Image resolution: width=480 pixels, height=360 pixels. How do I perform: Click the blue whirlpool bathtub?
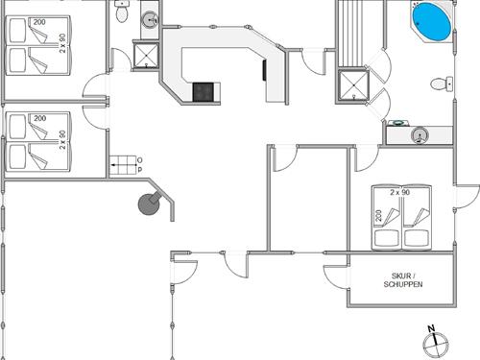pos(432,22)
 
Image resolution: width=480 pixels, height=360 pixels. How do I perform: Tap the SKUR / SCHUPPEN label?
pos(403,280)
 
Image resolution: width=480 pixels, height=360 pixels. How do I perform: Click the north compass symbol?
pos(435,344)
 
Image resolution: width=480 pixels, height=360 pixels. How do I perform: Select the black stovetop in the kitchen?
pos(204,92)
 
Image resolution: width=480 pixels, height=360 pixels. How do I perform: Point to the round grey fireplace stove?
pos(149,204)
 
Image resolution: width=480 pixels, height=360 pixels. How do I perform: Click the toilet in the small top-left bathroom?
pos(122,12)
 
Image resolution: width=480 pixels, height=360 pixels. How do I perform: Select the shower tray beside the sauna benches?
pos(353,85)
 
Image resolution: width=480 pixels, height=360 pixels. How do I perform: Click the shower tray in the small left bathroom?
pos(146,55)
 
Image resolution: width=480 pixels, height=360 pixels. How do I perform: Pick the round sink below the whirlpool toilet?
pos(420,135)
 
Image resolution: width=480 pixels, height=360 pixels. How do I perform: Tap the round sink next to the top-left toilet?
pos(150,19)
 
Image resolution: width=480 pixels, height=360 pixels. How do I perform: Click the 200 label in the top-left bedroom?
pos(39,22)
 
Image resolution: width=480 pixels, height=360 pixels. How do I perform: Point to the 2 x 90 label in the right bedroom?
pos(400,192)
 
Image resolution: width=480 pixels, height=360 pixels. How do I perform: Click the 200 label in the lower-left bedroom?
pos(39,118)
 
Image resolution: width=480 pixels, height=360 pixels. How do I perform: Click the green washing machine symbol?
pos(397,122)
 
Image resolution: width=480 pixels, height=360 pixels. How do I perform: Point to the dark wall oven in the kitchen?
pos(264,70)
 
